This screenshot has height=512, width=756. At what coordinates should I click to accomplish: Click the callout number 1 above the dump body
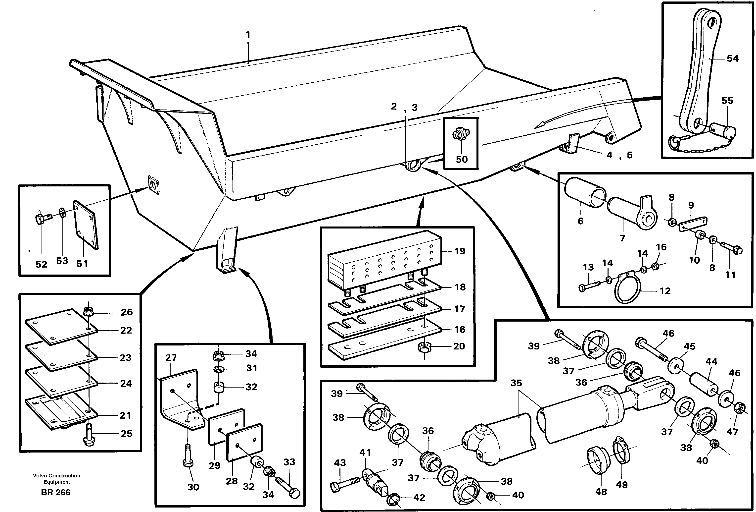point(248,35)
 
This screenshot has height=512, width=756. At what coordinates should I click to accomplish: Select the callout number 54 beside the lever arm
point(733,58)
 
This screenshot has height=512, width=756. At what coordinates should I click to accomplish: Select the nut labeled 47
point(740,408)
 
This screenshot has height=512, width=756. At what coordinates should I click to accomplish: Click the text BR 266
point(56,492)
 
